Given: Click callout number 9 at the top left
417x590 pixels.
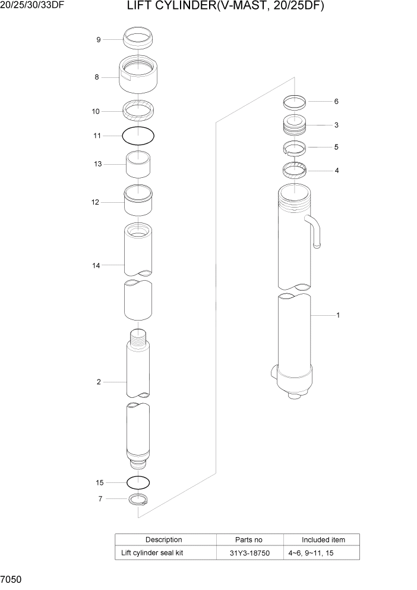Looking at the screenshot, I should tap(99, 40).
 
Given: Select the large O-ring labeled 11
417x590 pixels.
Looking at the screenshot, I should tap(138, 136).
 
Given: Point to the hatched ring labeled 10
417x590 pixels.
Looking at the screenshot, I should tap(138, 110).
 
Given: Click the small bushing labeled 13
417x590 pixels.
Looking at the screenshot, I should tap(138, 164).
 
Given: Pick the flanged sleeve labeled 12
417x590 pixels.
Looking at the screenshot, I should tap(138, 202).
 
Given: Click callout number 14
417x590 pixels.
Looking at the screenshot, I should tap(96, 265).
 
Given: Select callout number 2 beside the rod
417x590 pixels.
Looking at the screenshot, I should tap(99, 382).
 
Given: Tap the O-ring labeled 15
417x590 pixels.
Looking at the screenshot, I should tap(138, 482).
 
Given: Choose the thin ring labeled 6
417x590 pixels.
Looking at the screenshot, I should tap(294, 102).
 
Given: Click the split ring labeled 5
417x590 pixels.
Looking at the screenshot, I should tap(294, 147).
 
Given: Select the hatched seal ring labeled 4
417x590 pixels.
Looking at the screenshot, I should tap(294, 171).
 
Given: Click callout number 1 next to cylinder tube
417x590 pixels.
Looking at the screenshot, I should tap(338, 315).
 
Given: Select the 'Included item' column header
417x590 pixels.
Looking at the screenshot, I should tap(323, 540).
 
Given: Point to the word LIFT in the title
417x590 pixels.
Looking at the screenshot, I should tap(139, 7).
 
